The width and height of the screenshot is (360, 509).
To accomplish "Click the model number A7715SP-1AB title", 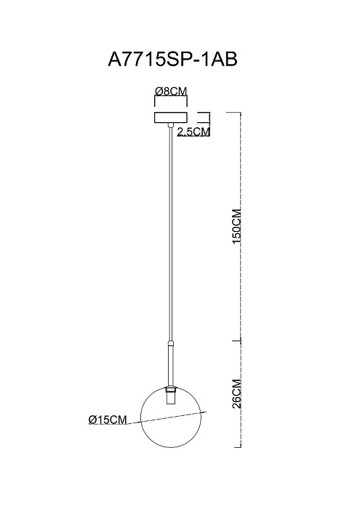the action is pyautogui.click(x=172, y=59).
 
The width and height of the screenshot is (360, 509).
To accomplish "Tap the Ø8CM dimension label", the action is pyautogui.click(x=171, y=92).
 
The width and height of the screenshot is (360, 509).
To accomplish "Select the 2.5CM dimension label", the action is pyautogui.click(x=193, y=132).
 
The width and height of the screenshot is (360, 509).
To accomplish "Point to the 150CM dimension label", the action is pyautogui.click(x=237, y=226).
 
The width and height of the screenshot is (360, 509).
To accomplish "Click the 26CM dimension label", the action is pyautogui.click(x=237, y=393).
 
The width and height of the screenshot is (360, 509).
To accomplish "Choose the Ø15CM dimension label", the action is pyautogui.click(x=107, y=420).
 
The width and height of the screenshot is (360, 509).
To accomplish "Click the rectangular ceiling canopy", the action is pyautogui.click(x=171, y=118).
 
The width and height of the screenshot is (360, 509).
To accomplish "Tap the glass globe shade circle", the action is pyautogui.click(x=140, y=417).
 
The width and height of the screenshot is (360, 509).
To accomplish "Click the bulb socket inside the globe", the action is pyautogui.click(x=171, y=399).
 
